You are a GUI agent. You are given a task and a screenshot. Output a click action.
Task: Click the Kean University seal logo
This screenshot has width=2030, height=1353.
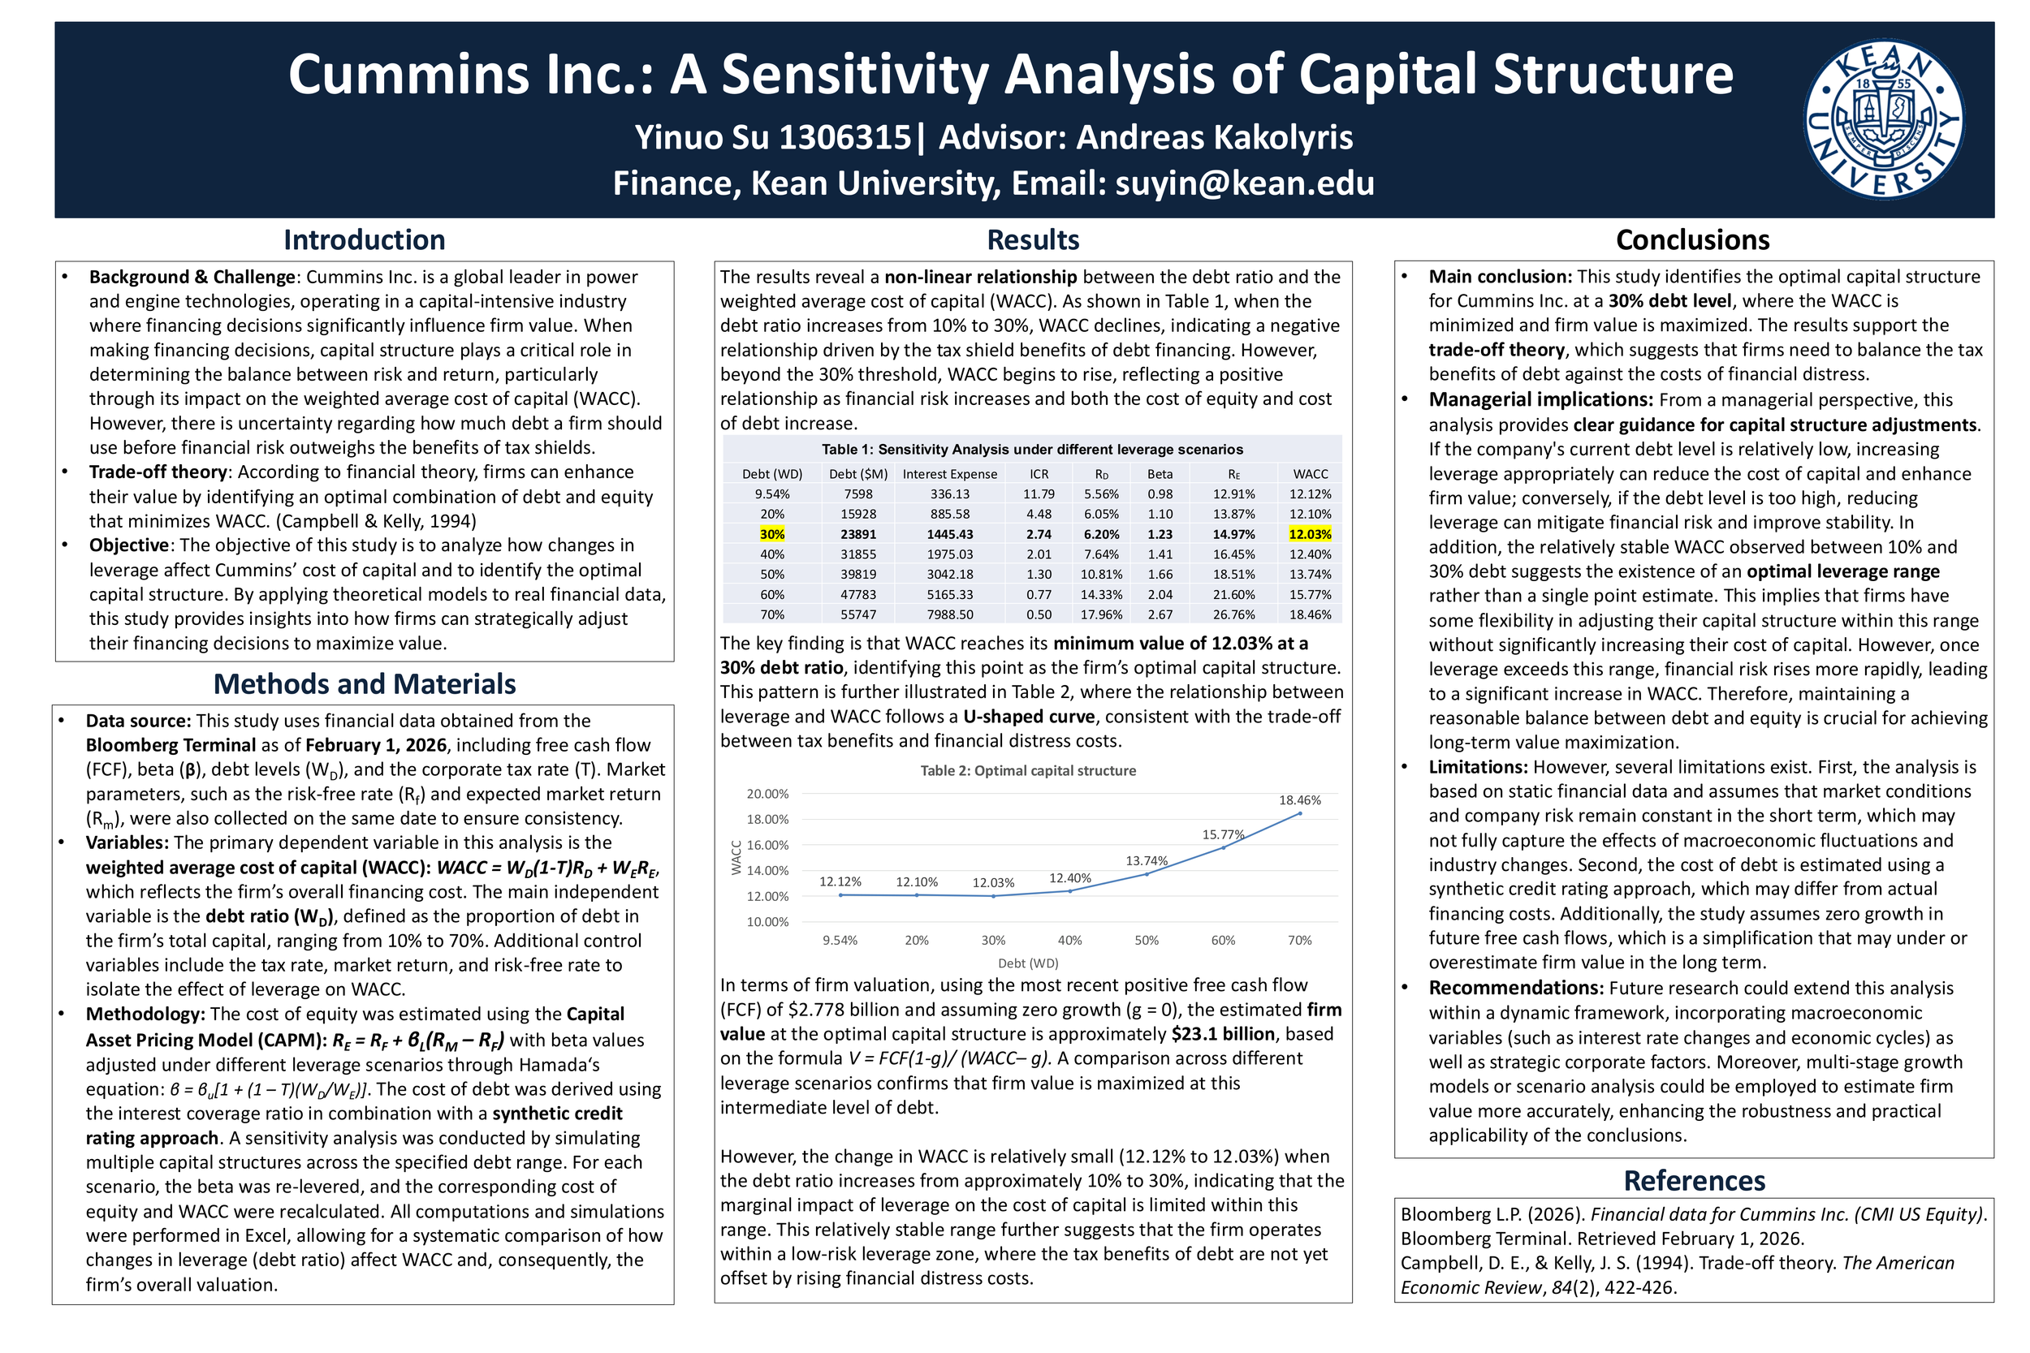1884,120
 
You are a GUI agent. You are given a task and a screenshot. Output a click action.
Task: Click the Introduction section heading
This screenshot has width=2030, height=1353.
365,240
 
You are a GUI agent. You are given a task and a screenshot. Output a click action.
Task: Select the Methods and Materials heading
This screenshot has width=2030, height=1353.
365,684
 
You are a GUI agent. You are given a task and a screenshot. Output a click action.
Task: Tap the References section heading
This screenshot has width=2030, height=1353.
1695,1180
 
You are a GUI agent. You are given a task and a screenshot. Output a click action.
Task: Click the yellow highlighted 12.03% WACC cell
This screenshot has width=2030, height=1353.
1311,535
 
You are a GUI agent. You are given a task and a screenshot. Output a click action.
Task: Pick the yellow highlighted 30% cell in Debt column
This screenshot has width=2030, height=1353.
771,535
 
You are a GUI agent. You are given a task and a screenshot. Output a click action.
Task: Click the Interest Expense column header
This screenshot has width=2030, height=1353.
949,475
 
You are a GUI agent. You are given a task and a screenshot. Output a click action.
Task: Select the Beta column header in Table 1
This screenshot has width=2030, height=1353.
1160,475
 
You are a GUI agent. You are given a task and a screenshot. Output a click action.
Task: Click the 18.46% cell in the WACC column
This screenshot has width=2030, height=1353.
1311,615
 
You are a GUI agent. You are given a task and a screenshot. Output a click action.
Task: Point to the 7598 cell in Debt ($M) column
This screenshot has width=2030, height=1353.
858,494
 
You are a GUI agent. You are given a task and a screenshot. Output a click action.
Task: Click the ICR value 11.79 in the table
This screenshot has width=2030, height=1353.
1039,494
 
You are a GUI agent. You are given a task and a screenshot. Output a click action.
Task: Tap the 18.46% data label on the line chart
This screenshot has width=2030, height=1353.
1300,801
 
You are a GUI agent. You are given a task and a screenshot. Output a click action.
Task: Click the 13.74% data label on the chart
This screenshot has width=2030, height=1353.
1147,861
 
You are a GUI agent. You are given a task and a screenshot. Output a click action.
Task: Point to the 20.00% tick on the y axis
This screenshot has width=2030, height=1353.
767,794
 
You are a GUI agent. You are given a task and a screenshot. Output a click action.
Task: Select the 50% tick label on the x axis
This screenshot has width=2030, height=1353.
1147,941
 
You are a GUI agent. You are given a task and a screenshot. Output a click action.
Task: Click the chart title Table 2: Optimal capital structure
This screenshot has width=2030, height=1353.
1028,770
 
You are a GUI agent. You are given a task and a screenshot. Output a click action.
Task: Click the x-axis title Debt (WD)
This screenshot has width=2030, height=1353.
1028,963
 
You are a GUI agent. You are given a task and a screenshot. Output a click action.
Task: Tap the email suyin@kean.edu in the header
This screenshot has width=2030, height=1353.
1245,183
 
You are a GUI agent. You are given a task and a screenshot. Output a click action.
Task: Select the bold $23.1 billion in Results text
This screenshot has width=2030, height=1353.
1223,1034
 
